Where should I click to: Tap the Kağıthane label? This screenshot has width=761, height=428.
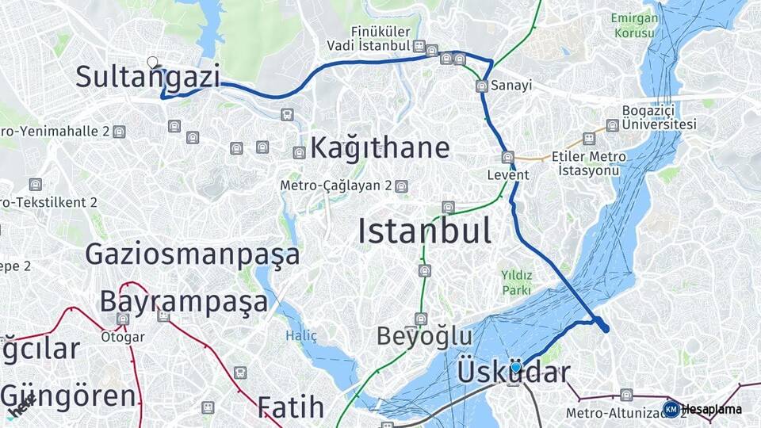pyautogui.click(x=380, y=147)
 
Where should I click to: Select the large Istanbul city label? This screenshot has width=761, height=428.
pyautogui.click(x=424, y=231)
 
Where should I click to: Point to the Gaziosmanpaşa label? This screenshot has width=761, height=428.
pyautogui.click(x=193, y=254)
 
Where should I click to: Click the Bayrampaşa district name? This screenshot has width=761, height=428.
pyautogui.click(x=184, y=302)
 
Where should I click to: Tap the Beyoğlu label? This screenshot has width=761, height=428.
pyautogui.click(x=424, y=336)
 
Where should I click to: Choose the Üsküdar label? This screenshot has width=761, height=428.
pyautogui.click(x=514, y=373)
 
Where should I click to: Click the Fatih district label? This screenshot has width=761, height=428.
pyautogui.click(x=291, y=407)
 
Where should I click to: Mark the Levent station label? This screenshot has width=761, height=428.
pyautogui.click(x=508, y=174)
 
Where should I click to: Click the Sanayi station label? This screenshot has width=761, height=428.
pyautogui.click(x=511, y=85)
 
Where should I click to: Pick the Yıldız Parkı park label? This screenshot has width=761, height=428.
pyautogui.click(x=516, y=283)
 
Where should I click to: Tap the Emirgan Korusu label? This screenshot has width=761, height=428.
pyautogui.click(x=633, y=25)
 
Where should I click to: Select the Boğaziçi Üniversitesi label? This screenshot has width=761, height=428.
pyautogui.click(x=659, y=117)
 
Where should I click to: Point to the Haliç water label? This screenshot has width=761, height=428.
pyautogui.click(x=301, y=336)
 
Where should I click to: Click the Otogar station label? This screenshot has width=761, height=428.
pyautogui.click(x=123, y=336)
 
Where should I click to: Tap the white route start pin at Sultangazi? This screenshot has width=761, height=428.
pyautogui.click(x=152, y=62)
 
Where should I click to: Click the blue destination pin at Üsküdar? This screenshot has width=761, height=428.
pyautogui.click(x=516, y=367)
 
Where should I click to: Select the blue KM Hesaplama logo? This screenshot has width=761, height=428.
pyautogui.click(x=671, y=409)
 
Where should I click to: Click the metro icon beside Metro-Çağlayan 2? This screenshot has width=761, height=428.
pyautogui.click(x=402, y=187)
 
